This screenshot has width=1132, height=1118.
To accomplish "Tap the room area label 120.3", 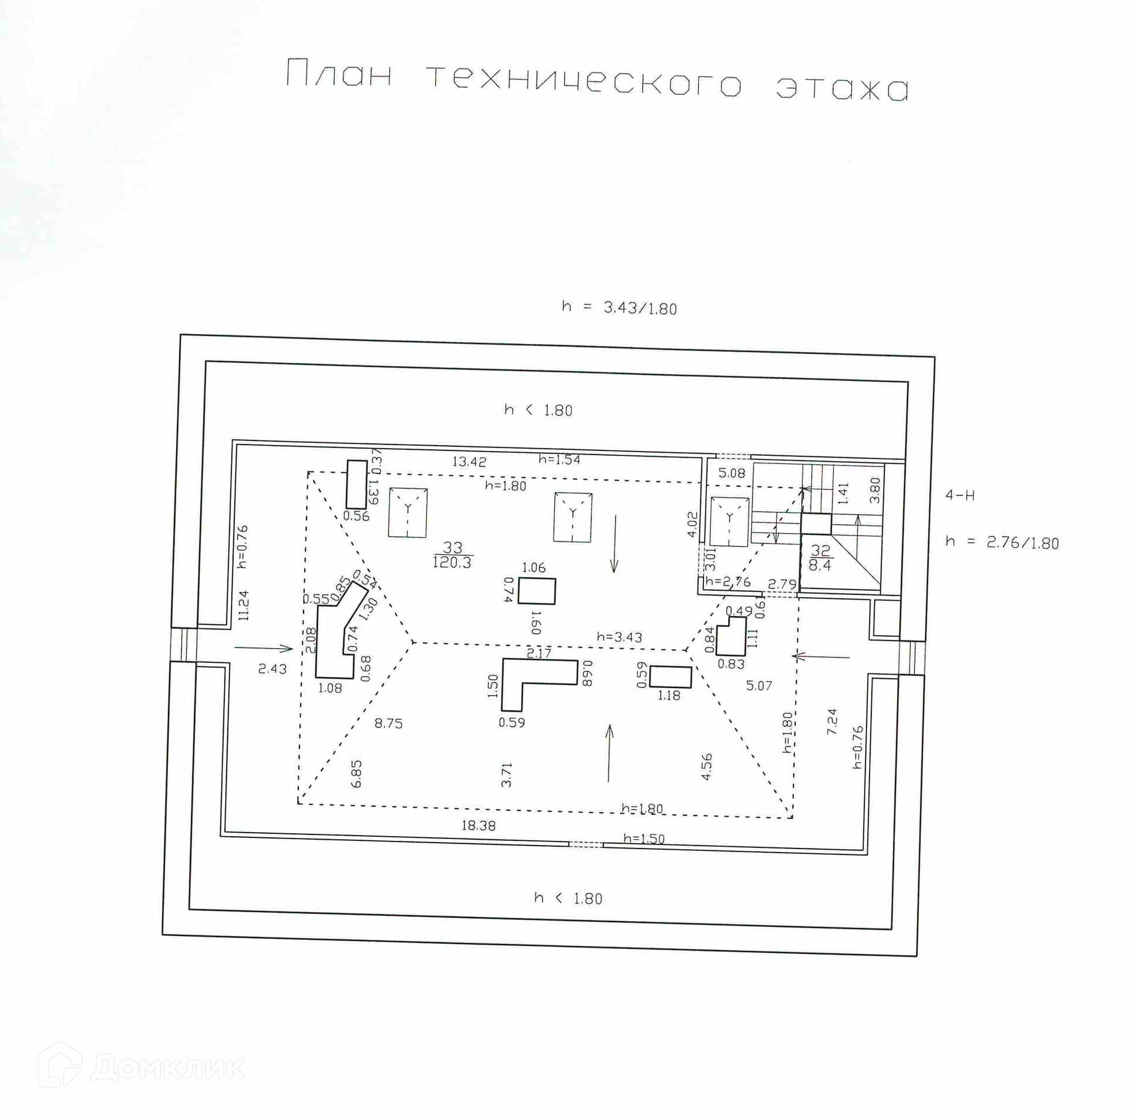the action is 452,563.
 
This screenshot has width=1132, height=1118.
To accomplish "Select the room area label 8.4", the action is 820,565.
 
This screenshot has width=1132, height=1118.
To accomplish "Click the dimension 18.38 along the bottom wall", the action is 478,826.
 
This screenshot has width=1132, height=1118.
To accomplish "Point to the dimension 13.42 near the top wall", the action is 469,462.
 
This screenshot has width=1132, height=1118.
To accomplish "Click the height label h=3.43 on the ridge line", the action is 619,637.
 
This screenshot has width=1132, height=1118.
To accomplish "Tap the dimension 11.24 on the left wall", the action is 243,605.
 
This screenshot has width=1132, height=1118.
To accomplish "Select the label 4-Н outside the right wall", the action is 960,495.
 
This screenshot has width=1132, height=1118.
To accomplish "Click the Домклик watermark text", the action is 168,1068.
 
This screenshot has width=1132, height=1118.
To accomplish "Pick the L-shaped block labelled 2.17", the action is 531,678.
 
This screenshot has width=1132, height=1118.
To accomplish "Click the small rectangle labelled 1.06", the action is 537,591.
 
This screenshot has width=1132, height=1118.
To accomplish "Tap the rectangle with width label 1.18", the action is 670,677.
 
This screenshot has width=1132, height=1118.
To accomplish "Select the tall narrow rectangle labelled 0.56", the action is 356,484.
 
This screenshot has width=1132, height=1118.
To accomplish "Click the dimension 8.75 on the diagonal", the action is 389,724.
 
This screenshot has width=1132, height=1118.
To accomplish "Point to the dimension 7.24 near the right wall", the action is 832,721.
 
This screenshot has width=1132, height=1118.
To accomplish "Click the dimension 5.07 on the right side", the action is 759,686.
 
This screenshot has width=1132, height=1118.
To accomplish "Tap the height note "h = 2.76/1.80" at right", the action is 1002,542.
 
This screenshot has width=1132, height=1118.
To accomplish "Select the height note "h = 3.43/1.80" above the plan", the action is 619,308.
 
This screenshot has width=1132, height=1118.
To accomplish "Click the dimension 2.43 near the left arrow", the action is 272,669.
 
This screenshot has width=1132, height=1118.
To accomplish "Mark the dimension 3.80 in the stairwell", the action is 875,490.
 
